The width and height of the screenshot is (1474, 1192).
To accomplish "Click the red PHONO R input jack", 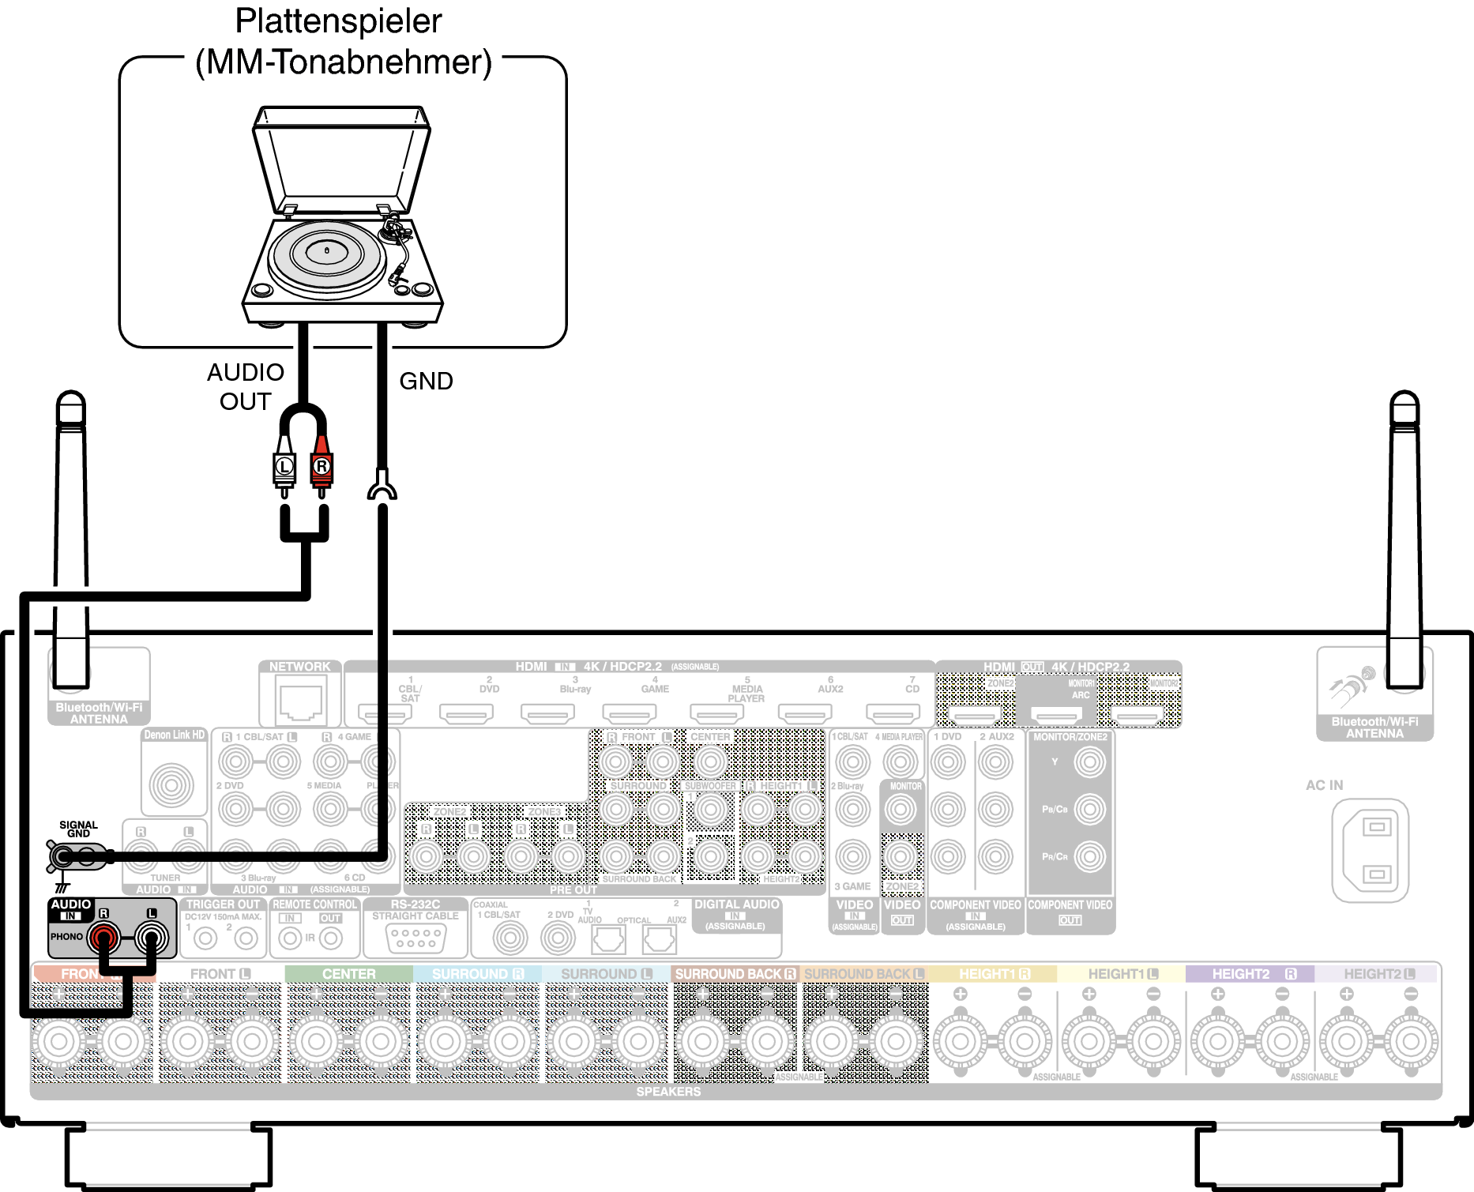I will (103, 938).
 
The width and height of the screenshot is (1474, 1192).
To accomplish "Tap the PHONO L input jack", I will (151, 938).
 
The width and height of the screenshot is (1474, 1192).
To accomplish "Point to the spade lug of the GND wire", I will (382, 486).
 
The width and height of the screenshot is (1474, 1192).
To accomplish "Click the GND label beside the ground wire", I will (426, 381).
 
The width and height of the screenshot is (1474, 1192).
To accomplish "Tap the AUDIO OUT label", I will (245, 386).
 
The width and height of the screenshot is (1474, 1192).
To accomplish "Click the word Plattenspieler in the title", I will (338, 21).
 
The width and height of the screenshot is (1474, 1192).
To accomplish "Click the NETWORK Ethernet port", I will (300, 702).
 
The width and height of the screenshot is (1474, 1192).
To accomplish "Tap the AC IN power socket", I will (1370, 850).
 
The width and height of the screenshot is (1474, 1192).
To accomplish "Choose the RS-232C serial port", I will (416, 938).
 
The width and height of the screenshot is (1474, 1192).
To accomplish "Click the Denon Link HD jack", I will (171, 784).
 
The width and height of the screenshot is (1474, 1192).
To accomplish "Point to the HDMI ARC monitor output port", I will (1058, 716).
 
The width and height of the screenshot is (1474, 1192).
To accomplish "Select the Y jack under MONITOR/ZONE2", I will (1089, 762).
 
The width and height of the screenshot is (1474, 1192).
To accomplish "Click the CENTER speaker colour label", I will (348, 974).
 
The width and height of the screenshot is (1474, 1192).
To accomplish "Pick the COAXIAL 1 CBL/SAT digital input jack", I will (510, 938).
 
